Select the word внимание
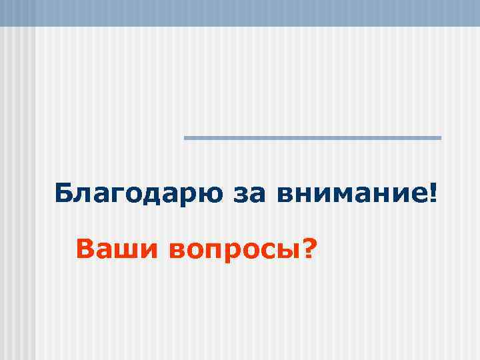(x=352, y=194)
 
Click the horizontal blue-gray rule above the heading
(x=312, y=138)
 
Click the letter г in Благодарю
(x=116, y=195)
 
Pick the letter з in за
(x=239, y=195)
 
